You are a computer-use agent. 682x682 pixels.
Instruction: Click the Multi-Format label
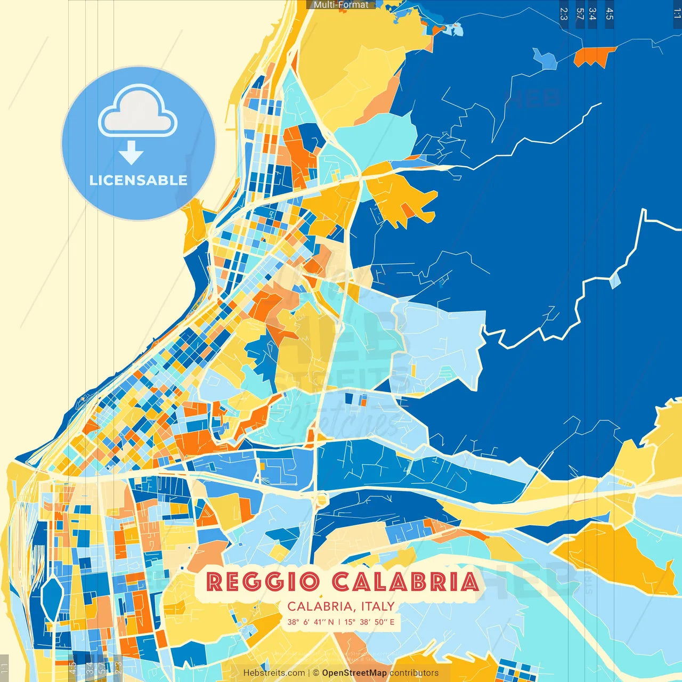pos(340,5)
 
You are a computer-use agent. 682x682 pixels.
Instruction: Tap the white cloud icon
pos(138,112)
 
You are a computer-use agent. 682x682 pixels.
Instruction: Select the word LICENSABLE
pos(139,180)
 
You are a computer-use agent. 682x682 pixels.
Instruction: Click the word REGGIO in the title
pos(263,582)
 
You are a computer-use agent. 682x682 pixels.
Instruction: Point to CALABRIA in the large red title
pos(405,582)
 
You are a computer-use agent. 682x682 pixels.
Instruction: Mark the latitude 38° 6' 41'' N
pos(311,622)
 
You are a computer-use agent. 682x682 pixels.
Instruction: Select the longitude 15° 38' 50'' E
pos(369,622)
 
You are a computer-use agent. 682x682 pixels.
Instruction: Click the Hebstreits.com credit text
pos(274,673)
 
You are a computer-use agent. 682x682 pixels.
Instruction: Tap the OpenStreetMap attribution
pos(354,673)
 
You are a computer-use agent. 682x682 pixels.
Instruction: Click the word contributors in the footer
pos(414,673)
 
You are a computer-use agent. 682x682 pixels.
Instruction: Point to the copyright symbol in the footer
pos(316,673)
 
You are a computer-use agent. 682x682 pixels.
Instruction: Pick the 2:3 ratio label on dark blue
pos(564,14)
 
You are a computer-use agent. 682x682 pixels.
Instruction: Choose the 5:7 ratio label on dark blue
pos(580,14)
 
